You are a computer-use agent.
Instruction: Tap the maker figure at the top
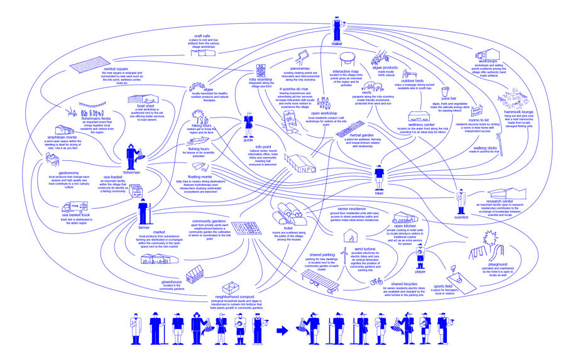tap(337, 29)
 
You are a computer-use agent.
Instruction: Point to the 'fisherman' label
tap(132, 172)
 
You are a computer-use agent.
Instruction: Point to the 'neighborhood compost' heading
tap(234, 296)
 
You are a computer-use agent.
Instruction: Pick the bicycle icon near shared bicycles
tap(376, 281)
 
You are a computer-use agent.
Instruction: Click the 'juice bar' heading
tap(449, 98)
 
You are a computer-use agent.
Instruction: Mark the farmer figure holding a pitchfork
tap(143, 212)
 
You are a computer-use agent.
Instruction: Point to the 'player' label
tap(420, 271)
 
